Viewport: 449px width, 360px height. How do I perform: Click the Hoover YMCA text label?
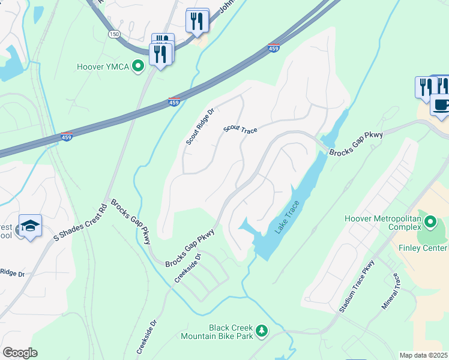[103, 67]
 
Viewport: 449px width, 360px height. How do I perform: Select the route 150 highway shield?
[113, 34]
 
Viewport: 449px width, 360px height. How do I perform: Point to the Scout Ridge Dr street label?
[200, 127]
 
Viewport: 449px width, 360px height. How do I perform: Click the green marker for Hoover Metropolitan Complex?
[430, 223]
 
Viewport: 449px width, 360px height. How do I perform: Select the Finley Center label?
[427, 248]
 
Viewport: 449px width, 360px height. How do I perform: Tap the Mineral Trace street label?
[390, 292]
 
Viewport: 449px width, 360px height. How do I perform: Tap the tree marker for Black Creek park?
[261, 331]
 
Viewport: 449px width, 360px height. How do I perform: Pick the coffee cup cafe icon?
[441, 106]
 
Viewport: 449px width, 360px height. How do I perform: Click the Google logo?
[20, 353]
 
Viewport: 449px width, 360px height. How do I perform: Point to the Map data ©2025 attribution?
[423, 355]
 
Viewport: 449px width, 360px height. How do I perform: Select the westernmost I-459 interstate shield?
[67, 137]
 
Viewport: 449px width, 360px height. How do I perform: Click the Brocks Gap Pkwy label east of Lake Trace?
[356, 145]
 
